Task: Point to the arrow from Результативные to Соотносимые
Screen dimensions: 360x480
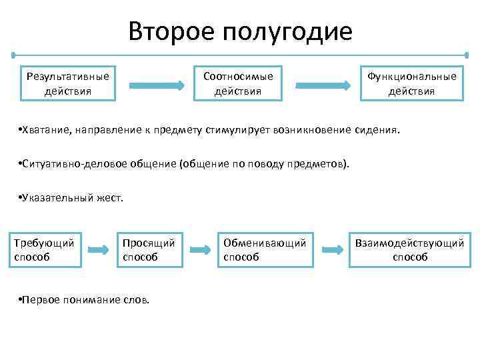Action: tap(156, 85)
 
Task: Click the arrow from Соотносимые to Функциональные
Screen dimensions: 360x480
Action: tap(323, 85)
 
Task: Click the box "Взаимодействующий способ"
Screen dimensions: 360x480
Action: tap(410, 249)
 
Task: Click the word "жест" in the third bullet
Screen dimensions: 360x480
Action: tap(111, 198)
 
